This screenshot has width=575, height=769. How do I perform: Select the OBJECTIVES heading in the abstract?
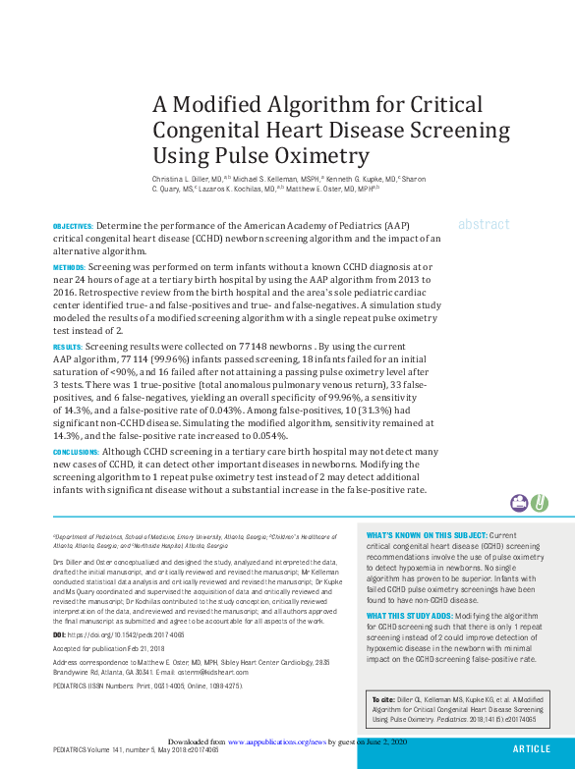(x=73, y=226)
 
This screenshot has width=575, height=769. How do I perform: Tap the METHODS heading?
(x=69, y=267)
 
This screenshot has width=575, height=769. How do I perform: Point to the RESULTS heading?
(x=67, y=348)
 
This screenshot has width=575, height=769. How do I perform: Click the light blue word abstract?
(x=484, y=224)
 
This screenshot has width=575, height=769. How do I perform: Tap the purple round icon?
(x=518, y=503)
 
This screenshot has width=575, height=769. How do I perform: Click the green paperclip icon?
(x=539, y=503)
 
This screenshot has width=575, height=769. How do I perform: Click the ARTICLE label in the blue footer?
(x=532, y=748)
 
